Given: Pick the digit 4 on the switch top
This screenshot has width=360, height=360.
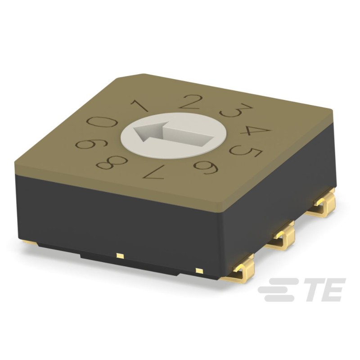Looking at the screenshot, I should tap(255, 130).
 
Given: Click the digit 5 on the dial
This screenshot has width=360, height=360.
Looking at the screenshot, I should tap(247, 152).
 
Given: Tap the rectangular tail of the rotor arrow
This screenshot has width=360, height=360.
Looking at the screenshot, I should tap(189, 135).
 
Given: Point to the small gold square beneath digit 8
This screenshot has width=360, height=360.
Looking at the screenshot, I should tap(120, 256).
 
